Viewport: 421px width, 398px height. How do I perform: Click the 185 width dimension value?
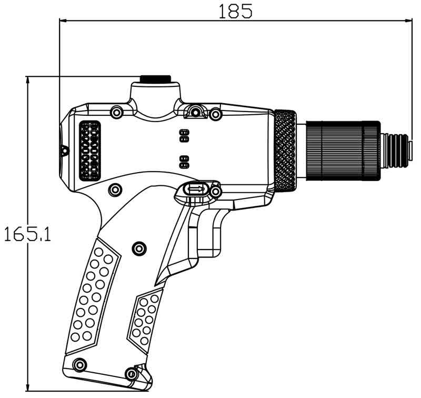click(x=236, y=10)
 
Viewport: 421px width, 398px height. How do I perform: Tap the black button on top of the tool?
click(x=155, y=79)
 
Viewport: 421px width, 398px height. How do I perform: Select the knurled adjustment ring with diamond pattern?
click(x=285, y=151)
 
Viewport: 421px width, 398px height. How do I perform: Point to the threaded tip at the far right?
click(x=397, y=151)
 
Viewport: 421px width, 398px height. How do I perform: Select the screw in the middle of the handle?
click(x=139, y=247)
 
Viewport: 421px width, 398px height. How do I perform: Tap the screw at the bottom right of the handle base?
click(x=129, y=374)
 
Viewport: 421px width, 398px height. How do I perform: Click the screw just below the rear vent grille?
click(x=114, y=188)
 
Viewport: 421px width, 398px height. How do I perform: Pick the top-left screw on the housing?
click(x=116, y=112)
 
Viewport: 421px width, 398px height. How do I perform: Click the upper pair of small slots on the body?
click(x=184, y=135)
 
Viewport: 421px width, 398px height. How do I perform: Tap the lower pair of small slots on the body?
click(x=184, y=161)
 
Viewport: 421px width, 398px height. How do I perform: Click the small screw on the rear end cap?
click(x=65, y=151)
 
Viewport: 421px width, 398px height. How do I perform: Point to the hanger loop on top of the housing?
click(x=195, y=111)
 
